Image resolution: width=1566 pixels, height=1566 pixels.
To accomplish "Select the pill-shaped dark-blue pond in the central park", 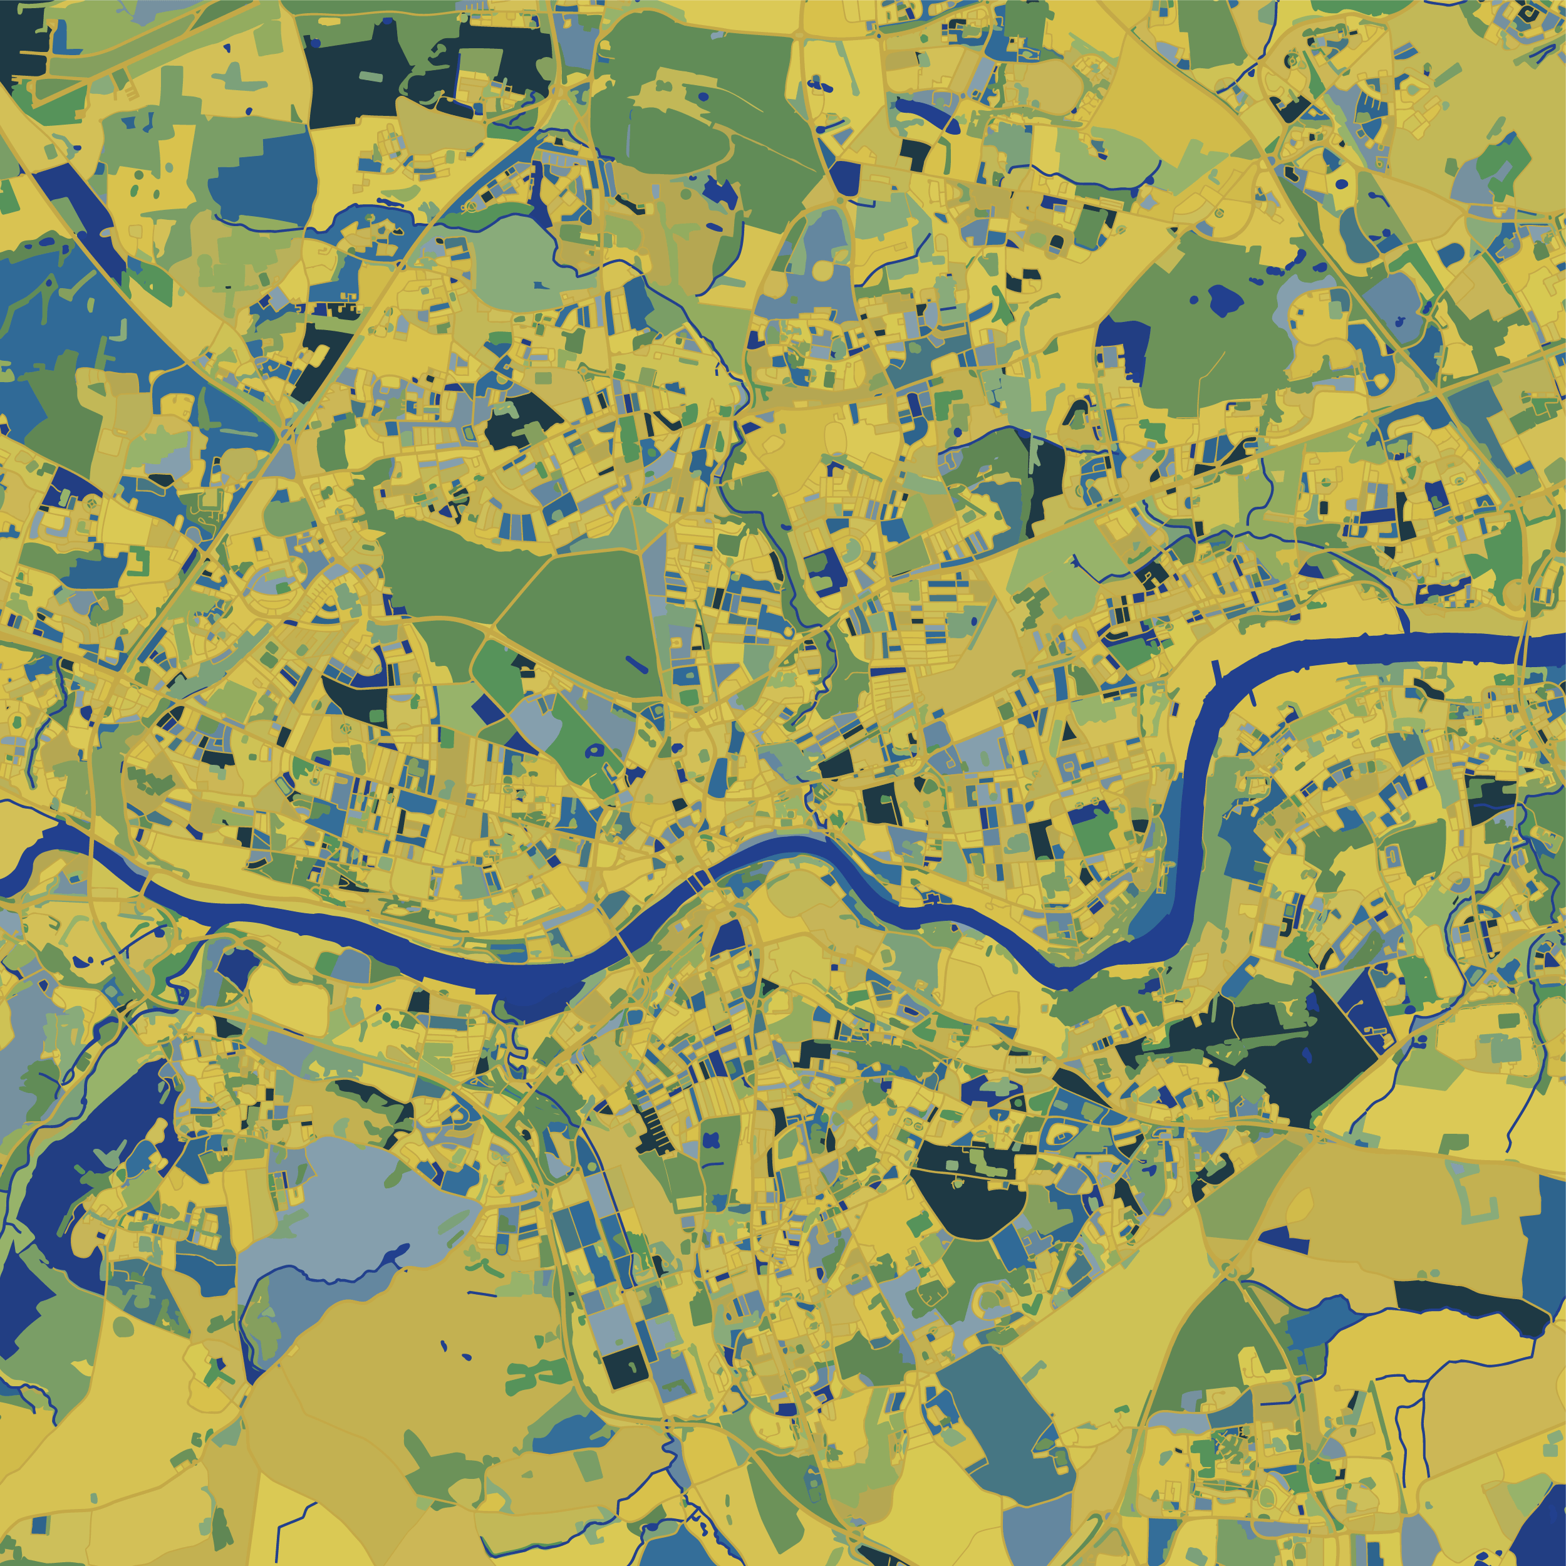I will pos(636,665).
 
